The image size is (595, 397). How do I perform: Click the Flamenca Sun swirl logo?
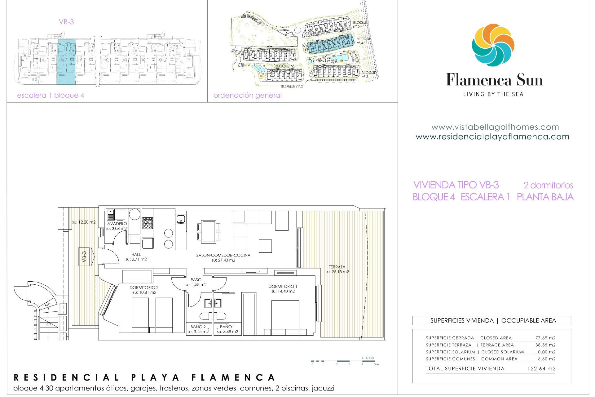click(493, 45)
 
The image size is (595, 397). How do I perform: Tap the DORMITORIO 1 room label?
click(283, 286)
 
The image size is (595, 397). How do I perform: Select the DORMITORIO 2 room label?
click(144, 288)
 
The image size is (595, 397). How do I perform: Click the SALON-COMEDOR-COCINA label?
click(223, 255)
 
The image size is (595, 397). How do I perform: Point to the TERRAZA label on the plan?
click(337, 267)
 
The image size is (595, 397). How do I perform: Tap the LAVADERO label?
click(116, 224)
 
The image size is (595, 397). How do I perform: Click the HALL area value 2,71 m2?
click(136, 259)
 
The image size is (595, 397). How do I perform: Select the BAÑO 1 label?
click(227, 327)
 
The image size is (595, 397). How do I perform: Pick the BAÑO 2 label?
click(198, 327)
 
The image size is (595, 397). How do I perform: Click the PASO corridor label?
click(196, 279)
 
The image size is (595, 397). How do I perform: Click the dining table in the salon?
click(209, 231)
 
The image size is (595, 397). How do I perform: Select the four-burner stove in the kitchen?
click(148, 223)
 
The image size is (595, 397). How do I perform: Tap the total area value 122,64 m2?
click(541, 368)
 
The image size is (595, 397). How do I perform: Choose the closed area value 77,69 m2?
click(545, 338)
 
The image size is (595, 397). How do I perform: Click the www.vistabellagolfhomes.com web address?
click(495, 127)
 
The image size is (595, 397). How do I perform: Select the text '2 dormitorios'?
click(548, 185)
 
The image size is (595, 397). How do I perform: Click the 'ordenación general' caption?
click(248, 95)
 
